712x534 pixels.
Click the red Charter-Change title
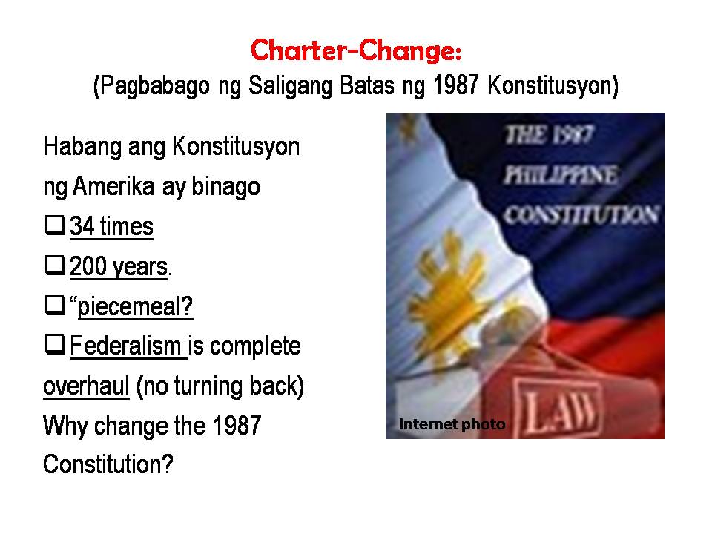(x=356, y=50)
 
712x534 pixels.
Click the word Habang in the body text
(x=82, y=148)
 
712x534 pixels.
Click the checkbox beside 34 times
(x=56, y=225)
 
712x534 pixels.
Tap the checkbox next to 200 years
(x=56, y=266)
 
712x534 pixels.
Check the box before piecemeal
(x=56, y=305)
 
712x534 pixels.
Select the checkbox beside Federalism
(x=56, y=345)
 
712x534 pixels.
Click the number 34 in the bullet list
(x=82, y=226)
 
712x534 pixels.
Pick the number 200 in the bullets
(x=88, y=266)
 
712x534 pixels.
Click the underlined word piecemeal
(x=135, y=306)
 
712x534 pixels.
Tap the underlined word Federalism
(x=126, y=346)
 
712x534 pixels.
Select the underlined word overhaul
(x=86, y=386)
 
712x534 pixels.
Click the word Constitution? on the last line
(x=108, y=464)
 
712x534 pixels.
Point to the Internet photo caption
(x=452, y=424)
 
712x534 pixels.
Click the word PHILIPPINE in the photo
(x=561, y=175)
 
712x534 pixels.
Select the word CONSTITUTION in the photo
(x=581, y=214)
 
